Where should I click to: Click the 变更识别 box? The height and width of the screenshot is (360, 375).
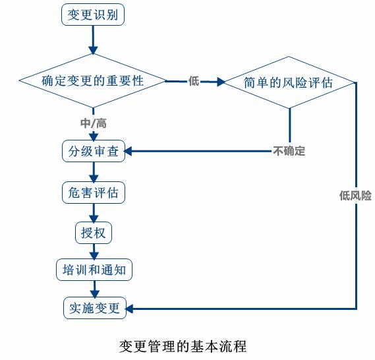pos(93,15)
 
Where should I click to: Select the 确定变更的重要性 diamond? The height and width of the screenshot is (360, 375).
pos(92,80)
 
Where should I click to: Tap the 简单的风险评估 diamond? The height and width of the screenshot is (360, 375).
pos(289,82)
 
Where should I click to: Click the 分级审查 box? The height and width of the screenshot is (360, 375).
pos(94,151)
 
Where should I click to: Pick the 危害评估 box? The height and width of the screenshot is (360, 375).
pos(94,193)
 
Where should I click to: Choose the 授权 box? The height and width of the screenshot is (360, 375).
pos(94,233)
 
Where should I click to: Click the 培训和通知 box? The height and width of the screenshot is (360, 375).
pos(94,270)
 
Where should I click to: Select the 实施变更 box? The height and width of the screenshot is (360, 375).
pos(95,308)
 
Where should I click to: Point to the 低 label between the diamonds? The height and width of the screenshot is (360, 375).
pos(194,81)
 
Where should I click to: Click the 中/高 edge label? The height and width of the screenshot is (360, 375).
pos(94,123)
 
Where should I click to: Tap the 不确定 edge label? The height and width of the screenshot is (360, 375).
pos(289,151)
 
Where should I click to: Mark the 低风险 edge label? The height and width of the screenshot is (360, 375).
pos(355,196)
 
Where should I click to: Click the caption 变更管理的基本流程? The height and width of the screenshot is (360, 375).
pos(183,346)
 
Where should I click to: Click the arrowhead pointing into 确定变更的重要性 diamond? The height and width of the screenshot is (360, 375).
pos(93,50)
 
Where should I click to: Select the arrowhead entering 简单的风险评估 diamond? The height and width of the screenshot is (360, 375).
pos(221,82)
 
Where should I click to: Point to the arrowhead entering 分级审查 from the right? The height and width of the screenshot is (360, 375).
pos(129,151)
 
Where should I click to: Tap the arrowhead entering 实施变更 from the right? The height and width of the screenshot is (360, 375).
pos(129,309)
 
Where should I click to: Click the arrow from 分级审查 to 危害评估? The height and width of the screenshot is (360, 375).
pos(94,172)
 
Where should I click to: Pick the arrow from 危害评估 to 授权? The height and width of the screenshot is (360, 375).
pos(94,214)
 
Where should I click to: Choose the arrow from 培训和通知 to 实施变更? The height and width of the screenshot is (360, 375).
pos(95,289)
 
